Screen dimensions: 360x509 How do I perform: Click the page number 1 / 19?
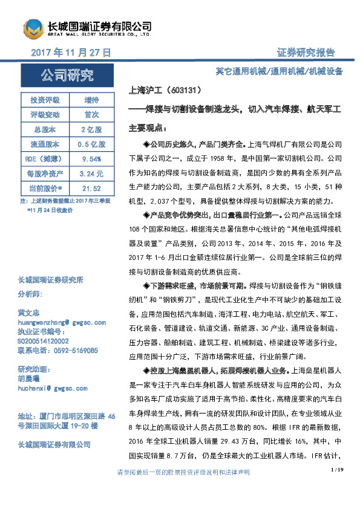coord(338,487)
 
